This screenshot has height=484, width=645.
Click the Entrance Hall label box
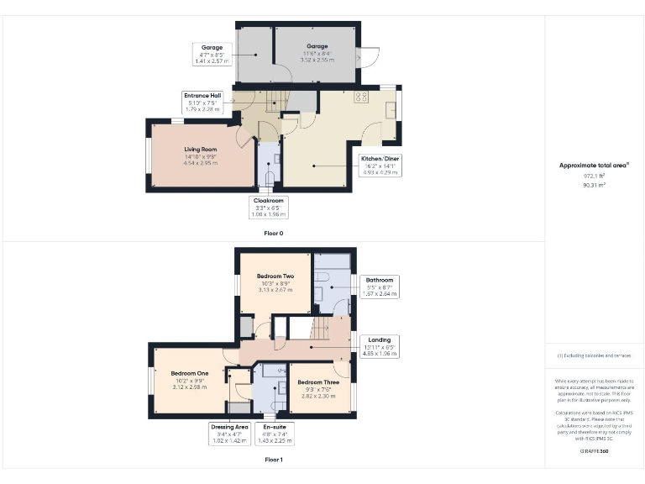tap(202, 103)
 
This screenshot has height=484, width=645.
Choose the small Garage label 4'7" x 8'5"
tap(212, 54)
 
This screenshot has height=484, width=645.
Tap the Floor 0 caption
tap(273, 233)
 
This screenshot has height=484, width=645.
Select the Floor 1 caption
tap(273, 460)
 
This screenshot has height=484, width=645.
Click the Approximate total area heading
tap(594, 166)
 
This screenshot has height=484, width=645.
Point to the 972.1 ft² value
tap(594, 176)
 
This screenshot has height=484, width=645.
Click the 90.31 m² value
tap(594, 185)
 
